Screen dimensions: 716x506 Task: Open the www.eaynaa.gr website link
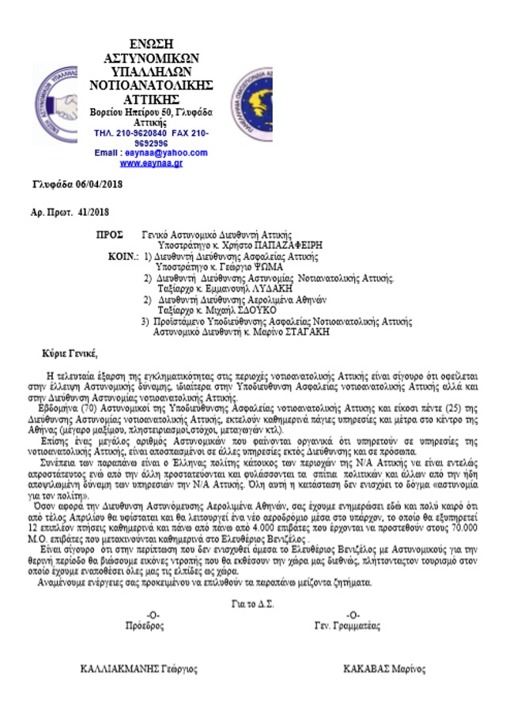151,163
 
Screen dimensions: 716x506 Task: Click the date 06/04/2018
94,184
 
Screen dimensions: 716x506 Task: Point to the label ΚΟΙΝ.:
123,258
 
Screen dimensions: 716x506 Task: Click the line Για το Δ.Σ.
251,604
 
